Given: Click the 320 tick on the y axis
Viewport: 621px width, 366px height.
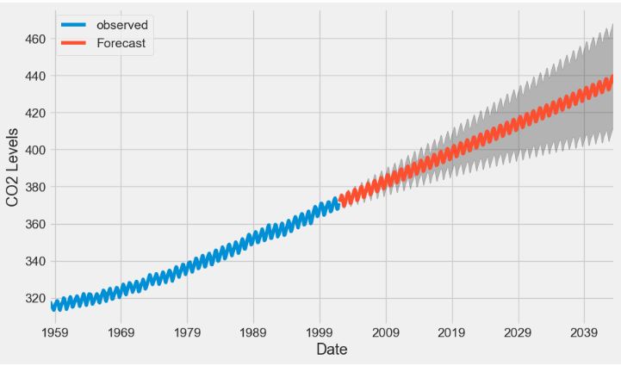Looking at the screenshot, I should tap(36, 298).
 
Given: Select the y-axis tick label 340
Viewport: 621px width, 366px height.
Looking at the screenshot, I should tap(36, 261).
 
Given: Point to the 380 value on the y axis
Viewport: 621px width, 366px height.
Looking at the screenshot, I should tap(36, 187).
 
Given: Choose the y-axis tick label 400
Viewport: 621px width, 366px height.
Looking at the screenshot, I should tap(36, 150).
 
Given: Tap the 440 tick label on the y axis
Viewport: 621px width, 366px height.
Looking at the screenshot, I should tap(36, 76).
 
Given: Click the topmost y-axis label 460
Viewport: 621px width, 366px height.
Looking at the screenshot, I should tap(36, 39).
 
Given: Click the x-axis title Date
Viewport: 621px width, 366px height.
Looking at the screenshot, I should tap(332, 350).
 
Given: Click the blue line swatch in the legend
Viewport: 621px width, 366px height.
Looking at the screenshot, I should tap(75, 26).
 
